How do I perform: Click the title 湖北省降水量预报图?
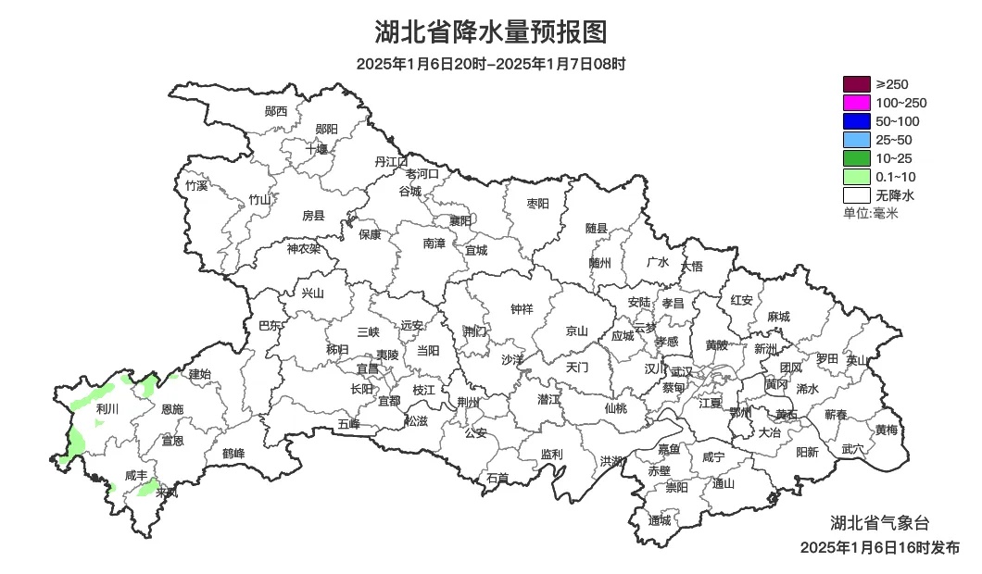coord(491,32)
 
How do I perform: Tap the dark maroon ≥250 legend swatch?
coord(857,84)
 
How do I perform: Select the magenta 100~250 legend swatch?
coord(857,103)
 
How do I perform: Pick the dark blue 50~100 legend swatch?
coord(857,121)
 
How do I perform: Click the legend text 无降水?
coord(895,195)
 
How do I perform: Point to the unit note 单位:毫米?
coord(871,214)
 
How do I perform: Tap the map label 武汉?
coord(682,370)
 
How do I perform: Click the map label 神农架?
coord(303,248)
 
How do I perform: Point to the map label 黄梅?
coord(887,430)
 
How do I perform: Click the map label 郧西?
coord(276,111)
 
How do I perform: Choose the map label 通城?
coord(660,520)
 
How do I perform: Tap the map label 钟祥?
coord(522,309)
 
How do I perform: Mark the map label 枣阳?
coord(537,203)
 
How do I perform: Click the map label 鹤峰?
coord(233,454)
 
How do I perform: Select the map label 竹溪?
coord(196,185)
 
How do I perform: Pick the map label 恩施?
coord(172,409)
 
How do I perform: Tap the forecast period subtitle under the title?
coord(491,64)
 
